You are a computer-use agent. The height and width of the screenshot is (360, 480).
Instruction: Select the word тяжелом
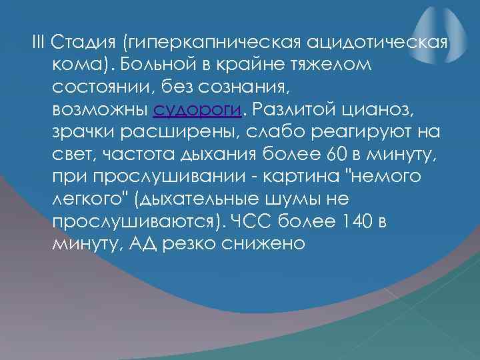coord(330,65)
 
